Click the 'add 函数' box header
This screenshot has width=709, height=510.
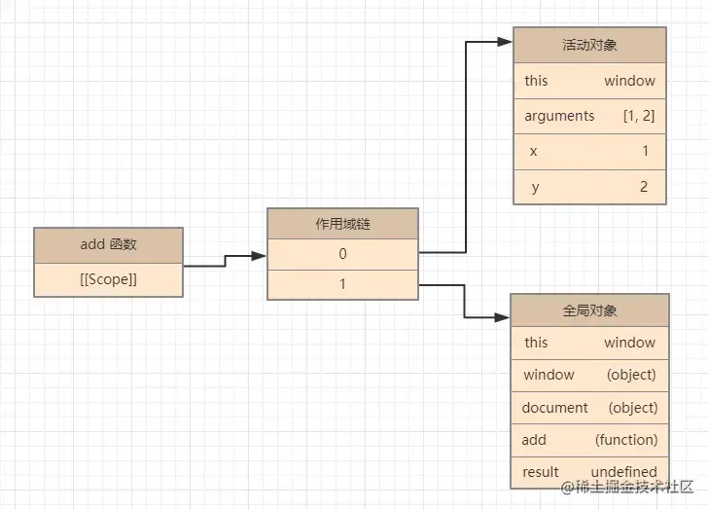pyautogui.click(x=108, y=244)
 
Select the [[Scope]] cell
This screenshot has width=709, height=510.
pyautogui.click(x=108, y=279)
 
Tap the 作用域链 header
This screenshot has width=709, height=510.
pyautogui.click(x=342, y=224)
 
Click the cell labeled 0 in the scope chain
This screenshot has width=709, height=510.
pyautogui.click(x=342, y=254)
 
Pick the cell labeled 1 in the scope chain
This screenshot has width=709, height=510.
pyautogui.click(x=342, y=284)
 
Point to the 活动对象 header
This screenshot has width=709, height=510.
pyautogui.click(x=589, y=45)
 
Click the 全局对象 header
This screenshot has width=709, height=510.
pyautogui.click(x=589, y=310)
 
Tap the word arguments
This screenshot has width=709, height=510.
pyautogui.click(x=559, y=116)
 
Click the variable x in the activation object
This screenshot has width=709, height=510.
pyautogui.click(x=533, y=152)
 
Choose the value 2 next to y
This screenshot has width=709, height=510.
pyautogui.click(x=643, y=187)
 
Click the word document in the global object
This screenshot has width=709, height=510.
pyautogui.click(x=554, y=408)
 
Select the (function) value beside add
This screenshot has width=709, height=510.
pyautogui.click(x=626, y=440)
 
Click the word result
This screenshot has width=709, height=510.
pyautogui.click(x=540, y=472)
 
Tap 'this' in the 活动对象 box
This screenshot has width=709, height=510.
pyautogui.click(x=536, y=81)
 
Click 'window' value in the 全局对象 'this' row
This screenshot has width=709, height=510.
pyautogui.click(x=629, y=343)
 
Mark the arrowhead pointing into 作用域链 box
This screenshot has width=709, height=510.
pyautogui.click(x=259, y=256)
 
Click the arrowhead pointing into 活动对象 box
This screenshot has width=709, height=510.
pyautogui.click(x=505, y=43)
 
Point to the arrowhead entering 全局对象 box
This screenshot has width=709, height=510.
pyautogui.click(x=503, y=316)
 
